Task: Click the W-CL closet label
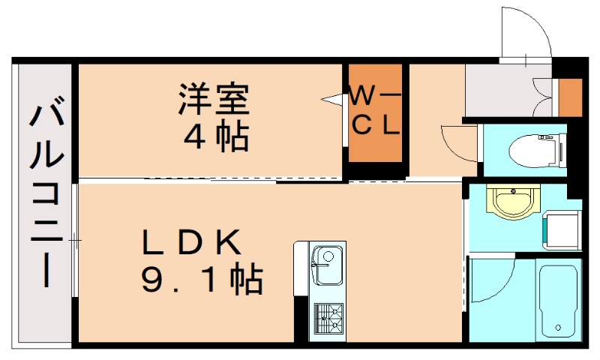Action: click(376, 111)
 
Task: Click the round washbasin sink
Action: click(513, 201)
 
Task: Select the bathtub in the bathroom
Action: click(559, 300)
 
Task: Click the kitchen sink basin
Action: click(325, 265)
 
